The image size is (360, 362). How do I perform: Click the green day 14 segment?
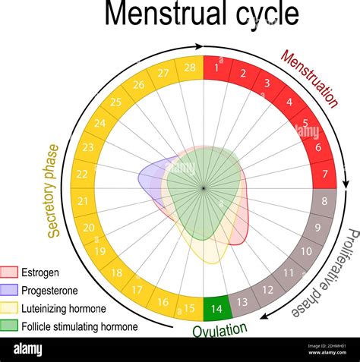pos(216,308)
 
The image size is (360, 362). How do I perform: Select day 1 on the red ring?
pos(217,68)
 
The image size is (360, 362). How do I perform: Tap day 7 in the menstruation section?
pos(324,175)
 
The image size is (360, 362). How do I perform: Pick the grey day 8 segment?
pos(324,202)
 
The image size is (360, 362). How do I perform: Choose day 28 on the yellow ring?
pos(190,68)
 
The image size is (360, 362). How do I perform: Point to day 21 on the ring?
pos(83,202)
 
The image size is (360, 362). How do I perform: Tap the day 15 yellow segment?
pos(190,308)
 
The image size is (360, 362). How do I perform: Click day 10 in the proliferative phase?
pos(306,251)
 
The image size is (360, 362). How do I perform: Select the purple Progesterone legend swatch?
pos(9,291)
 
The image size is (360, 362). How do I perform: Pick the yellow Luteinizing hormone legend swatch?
pos(9,309)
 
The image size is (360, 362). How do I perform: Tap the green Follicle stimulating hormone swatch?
pos(9,327)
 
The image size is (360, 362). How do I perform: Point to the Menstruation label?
pos(309,79)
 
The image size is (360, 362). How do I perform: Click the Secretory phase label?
pos(53,190)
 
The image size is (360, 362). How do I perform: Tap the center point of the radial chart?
pos(204,187)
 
